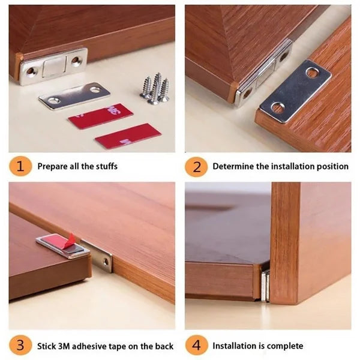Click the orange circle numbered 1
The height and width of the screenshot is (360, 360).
point(21,166)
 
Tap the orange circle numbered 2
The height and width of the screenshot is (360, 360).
point(196,166)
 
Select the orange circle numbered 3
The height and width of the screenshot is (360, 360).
point(21,346)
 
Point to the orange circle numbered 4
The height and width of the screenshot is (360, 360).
point(196,346)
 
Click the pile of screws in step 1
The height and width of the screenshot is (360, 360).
point(155,89)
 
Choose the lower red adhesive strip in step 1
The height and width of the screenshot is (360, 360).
point(128,136)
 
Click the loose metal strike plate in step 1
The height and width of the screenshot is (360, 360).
point(75,95)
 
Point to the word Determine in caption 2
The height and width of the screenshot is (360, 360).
point(233,166)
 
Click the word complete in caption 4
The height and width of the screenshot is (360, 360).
point(285,346)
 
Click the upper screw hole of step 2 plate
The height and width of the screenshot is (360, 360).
point(313,73)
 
